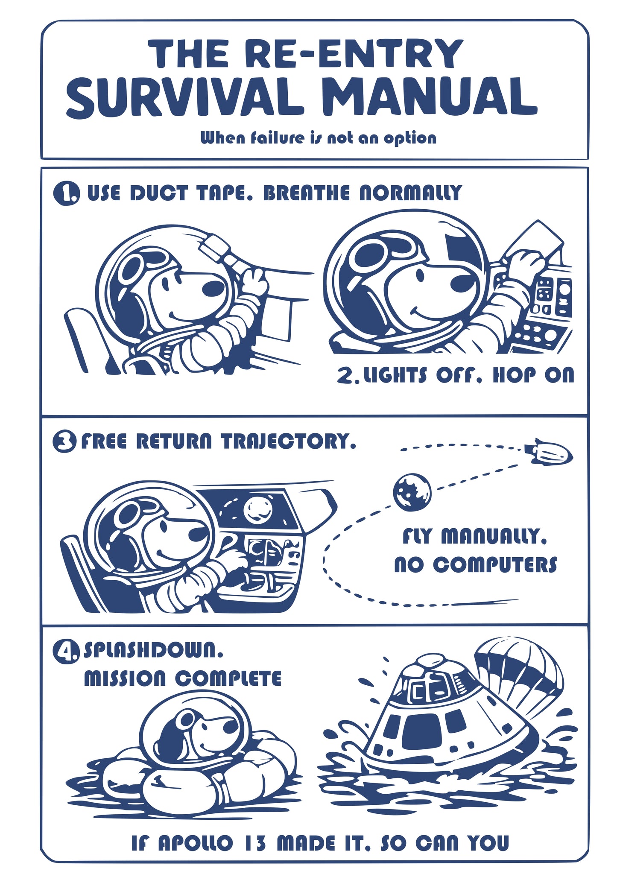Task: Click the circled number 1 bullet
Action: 66,193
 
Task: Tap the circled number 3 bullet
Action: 64,441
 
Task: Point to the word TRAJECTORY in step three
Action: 289,441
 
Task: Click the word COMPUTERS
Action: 495,564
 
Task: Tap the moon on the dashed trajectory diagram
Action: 412,492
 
